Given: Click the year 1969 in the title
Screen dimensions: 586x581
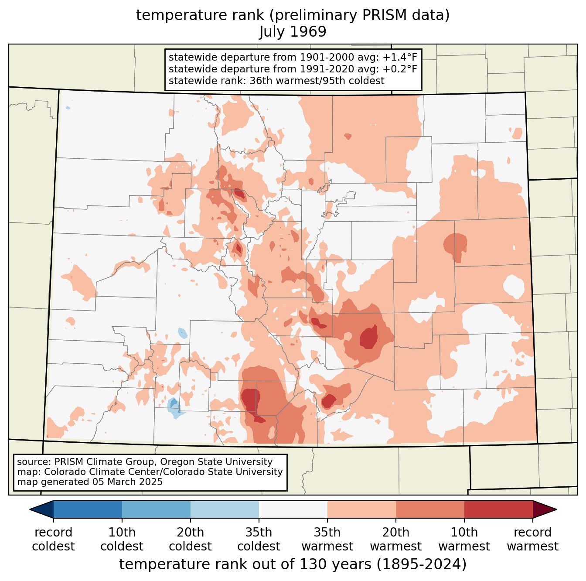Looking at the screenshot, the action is (308, 31).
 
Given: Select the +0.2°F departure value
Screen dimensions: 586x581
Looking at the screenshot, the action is (400, 69).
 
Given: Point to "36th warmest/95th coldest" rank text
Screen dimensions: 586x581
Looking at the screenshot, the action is (317, 81).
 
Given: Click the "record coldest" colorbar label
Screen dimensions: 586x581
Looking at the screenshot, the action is (53, 539).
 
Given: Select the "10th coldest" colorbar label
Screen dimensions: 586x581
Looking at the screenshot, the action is (122, 539).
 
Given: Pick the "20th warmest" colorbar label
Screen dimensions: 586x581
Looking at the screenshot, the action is (395, 539).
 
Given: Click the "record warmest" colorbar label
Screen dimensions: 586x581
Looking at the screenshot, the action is (532, 539).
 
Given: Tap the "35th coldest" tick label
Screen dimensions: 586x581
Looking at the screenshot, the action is (259, 539).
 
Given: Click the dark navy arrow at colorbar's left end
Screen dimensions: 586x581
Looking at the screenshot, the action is (42, 509).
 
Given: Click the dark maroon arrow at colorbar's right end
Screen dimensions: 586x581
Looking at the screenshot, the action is (544, 509).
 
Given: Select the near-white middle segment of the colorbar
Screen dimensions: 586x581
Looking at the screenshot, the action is (293, 509).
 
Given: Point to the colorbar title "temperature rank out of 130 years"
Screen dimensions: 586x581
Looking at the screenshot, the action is (245, 564).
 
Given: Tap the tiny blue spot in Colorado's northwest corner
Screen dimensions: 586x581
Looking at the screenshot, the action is (68, 108).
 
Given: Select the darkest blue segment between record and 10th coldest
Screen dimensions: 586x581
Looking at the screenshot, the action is (88, 509).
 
